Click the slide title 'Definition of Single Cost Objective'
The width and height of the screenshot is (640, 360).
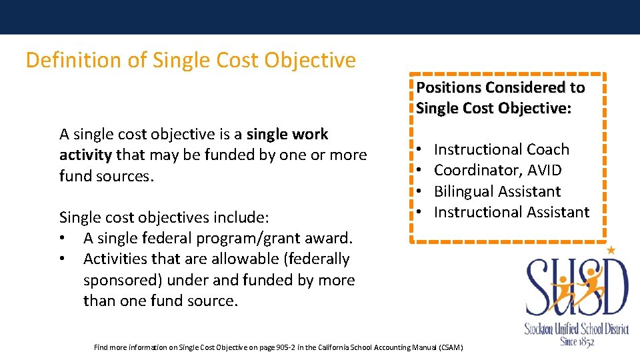(x=191, y=61)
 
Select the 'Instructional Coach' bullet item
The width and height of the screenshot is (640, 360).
(x=501, y=149)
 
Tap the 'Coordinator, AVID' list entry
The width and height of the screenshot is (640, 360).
(x=497, y=171)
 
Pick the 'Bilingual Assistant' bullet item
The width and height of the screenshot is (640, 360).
(x=497, y=191)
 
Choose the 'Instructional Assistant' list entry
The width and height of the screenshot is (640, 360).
(x=511, y=212)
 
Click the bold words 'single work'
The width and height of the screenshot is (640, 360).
(x=287, y=134)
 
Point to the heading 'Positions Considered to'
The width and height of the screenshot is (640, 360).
(x=500, y=87)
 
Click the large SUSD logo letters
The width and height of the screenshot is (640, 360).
(x=577, y=287)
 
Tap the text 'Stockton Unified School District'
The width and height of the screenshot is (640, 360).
(x=577, y=328)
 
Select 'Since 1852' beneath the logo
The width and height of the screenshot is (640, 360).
(x=577, y=342)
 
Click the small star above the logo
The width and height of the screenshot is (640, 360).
(x=611, y=250)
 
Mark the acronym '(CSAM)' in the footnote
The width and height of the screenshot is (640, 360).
(x=450, y=347)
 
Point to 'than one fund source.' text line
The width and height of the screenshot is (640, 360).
(x=160, y=301)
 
